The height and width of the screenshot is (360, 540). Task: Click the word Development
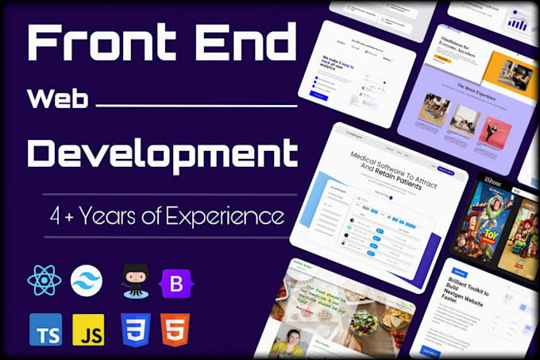[163, 151]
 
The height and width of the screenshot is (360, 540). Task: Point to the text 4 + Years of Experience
[165, 215]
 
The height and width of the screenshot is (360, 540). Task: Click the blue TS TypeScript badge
[45, 328]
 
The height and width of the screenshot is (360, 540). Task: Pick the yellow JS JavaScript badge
[88, 328]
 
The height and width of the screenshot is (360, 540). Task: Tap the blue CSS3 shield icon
[133, 328]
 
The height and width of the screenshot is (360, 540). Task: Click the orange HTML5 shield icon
[175, 328]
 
